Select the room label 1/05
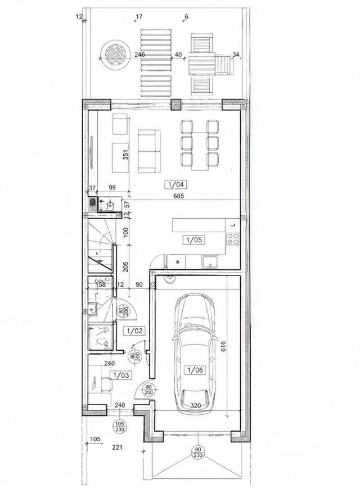coord(194,240)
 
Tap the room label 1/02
coord(135,330)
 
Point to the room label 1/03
coord(121,375)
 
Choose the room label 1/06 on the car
coord(195,370)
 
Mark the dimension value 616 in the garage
coord(223,347)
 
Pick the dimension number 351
coord(126,155)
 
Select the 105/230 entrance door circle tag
coord(120,426)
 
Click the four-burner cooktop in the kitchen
coord(233,238)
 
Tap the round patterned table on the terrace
coord(115,54)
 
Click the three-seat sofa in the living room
coord(149,151)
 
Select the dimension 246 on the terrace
coord(139,55)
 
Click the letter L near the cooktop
coord(233,225)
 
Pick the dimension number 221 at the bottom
coord(117,447)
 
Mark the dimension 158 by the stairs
coord(101,285)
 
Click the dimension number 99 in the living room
coord(112,187)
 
